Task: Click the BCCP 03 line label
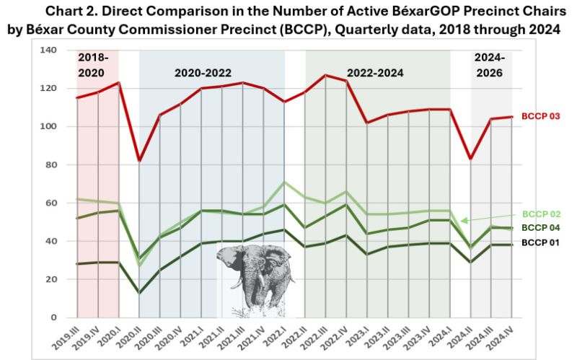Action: click(541, 115)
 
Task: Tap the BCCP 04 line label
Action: click(541, 228)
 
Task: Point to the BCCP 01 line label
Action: click(541, 242)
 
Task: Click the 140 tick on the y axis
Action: click(48, 50)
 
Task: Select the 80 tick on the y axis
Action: click(51, 164)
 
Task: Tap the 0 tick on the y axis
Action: click(54, 317)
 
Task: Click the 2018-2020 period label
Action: click(97, 65)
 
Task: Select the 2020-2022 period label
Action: click(203, 73)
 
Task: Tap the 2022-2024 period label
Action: click(375, 73)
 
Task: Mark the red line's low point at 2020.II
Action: click(139, 160)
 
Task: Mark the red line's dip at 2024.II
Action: click(471, 159)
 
